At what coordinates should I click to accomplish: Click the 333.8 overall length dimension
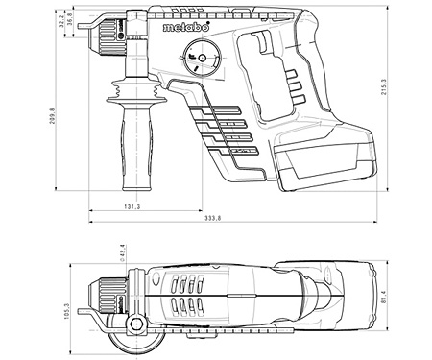tap(213, 218)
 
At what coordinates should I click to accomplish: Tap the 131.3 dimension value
tap(132, 206)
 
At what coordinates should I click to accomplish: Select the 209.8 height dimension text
tap(52, 116)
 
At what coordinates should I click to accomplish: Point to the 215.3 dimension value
tap(384, 88)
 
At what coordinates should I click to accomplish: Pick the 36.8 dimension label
tap(70, 18)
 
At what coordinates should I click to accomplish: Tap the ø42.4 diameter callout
tap(122, 252)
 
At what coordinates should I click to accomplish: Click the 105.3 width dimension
tap(66, 311)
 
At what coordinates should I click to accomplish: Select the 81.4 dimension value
tap(384, 297)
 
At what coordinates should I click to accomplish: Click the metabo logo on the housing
tap(186, 27)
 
